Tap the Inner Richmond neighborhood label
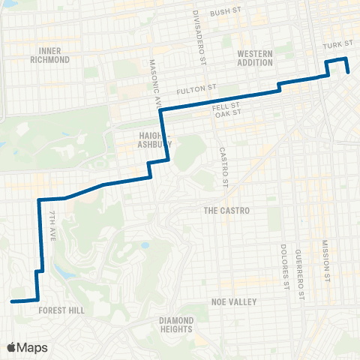coord(50,55)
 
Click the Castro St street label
coord(223,166)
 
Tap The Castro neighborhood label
coord(226,211)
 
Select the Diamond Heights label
coord(176,325)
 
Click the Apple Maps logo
coord(26,347)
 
